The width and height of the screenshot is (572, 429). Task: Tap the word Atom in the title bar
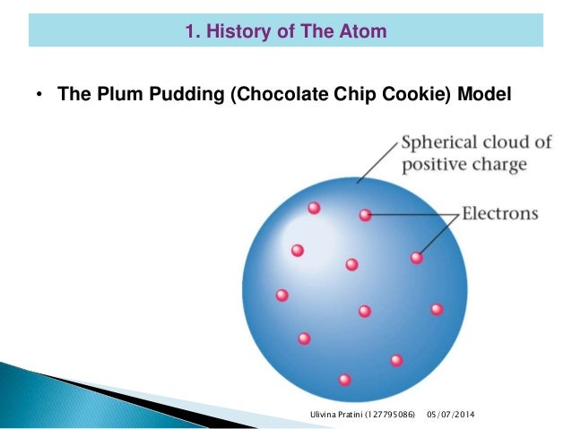coord(365,32)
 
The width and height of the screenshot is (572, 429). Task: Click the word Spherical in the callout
coord(440,144)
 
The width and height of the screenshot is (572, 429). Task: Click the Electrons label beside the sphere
coord(499,214)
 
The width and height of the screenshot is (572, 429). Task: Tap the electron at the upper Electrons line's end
coord(365,215)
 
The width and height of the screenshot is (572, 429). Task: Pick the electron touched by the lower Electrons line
coord(416,258)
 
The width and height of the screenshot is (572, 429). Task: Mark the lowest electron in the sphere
coord(344,380)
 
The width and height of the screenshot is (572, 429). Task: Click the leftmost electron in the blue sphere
coord(282,295)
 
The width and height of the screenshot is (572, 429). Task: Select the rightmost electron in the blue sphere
coord(437,309)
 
